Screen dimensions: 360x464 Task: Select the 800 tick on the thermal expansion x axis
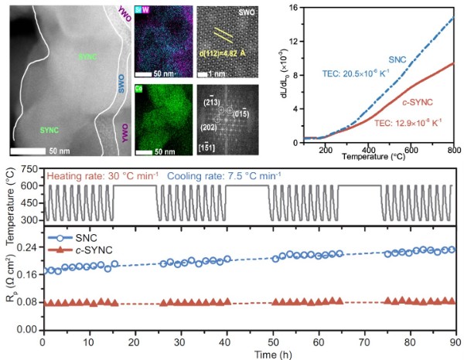point(454,149)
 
